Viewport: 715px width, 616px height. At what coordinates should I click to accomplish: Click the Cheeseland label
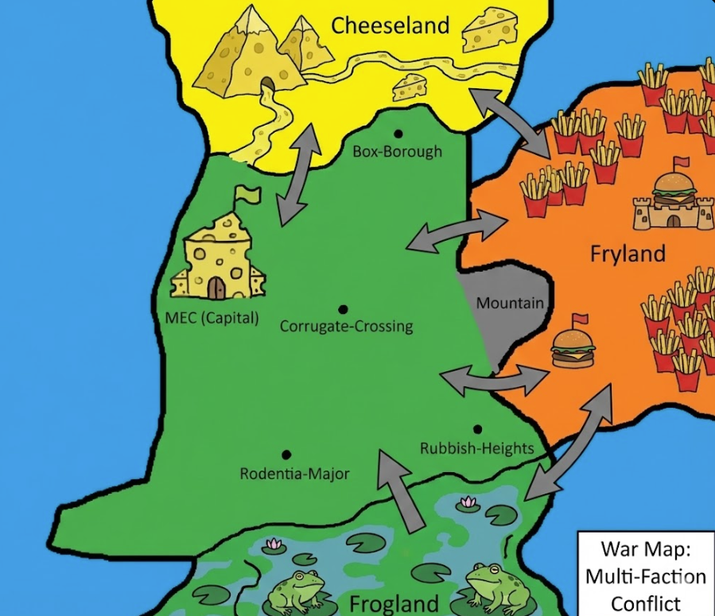click(x=391, y=25)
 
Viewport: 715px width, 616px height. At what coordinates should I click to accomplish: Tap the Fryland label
click(x=628, y=254)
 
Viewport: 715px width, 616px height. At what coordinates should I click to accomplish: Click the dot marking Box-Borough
click(x=398, y=134)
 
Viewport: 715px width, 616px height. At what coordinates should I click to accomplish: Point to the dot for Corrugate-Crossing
click(x=343, y=309)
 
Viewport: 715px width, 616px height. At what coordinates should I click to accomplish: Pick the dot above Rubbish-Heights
click(x=477, y=429)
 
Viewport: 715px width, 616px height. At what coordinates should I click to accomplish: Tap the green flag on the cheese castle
click(x=248, y=194)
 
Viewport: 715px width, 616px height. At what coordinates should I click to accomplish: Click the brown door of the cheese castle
click(x=216, y=287)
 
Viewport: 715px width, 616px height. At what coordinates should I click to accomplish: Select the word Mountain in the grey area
click(x=510, y=303)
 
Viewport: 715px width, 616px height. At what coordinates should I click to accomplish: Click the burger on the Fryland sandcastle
click(x=674, y=189)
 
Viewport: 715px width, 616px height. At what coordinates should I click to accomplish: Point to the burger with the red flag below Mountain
click(x=573, y=349)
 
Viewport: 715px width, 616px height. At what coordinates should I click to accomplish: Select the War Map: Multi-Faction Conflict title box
click(x=645, y=573)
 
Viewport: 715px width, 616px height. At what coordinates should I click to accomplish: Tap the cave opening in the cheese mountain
click(x=269, y=84)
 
